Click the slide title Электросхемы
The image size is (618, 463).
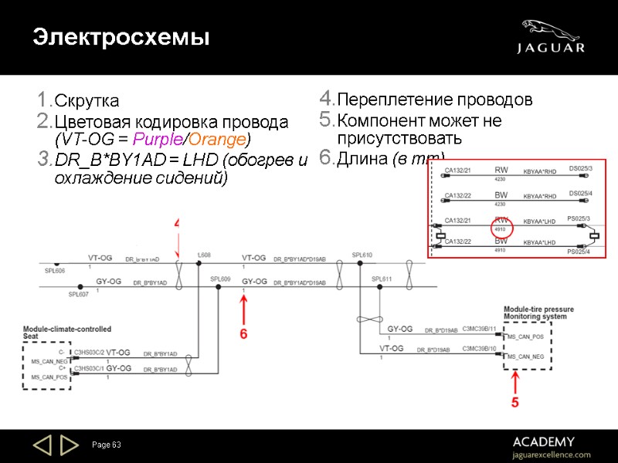121,36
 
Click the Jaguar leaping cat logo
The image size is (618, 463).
549,29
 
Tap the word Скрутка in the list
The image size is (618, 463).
87,101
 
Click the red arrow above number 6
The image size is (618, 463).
244,312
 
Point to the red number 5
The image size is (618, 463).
514,403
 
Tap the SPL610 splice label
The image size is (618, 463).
362,255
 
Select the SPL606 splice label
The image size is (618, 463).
54,271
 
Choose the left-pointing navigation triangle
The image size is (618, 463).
42,445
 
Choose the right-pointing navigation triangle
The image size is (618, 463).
70,445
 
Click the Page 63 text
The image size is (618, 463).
107,445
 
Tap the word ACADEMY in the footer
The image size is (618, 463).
543,441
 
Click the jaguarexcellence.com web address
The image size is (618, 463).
552,455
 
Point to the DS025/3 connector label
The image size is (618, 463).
580,168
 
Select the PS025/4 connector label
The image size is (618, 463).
579,252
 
